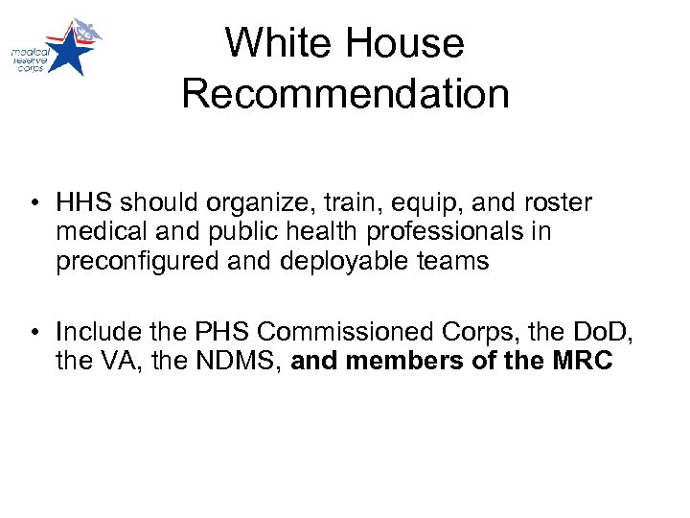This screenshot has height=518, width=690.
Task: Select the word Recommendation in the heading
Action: [345, 94]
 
